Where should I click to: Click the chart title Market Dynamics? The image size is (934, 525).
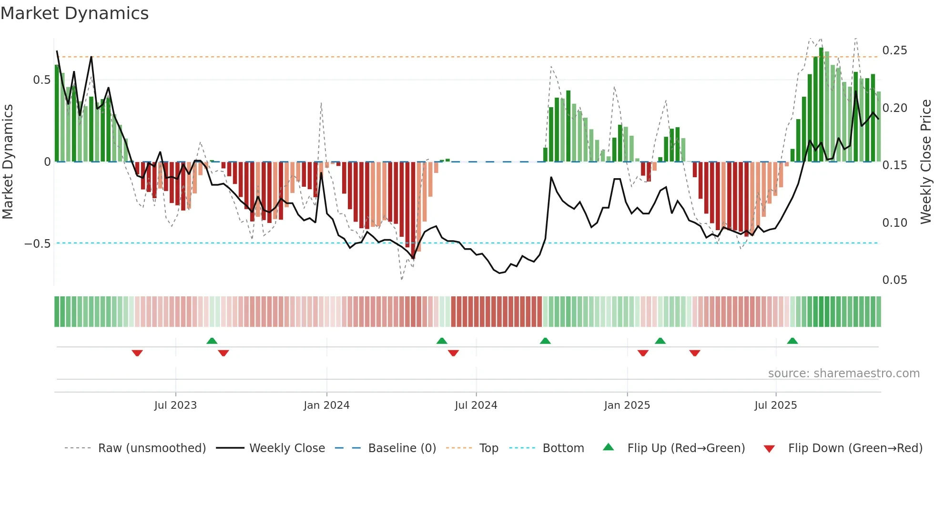(74, 13)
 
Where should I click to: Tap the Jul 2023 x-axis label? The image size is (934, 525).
(175, 405)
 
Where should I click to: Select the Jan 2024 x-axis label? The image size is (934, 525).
(326, 405)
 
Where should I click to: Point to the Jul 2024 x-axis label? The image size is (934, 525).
(476, 405)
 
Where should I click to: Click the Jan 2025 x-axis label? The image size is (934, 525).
(627, 405)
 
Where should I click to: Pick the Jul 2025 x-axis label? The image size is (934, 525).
(775, 405)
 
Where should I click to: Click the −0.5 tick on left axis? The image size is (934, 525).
(38, 244)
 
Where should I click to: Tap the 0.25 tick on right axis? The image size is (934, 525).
(894, 50)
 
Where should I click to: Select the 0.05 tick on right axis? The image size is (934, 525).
(894, 280)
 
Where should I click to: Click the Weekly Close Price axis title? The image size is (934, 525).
(925, 162)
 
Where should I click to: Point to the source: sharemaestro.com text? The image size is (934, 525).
(843, 374)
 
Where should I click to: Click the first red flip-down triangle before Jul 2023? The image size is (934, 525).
(137, 353)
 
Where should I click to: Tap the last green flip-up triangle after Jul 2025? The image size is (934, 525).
(792, 341)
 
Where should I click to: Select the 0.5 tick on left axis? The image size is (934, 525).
(41, 80)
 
